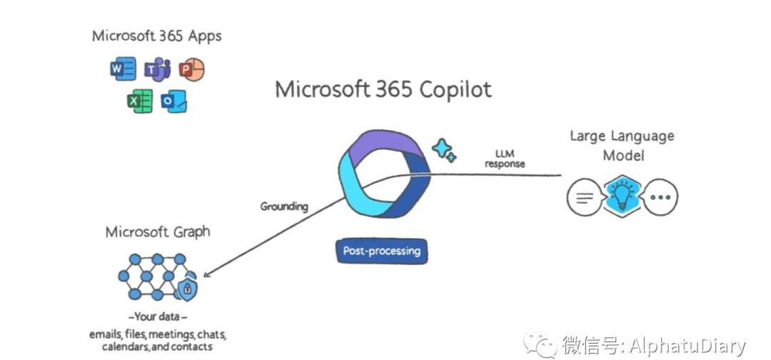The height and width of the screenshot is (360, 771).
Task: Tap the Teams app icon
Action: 157,69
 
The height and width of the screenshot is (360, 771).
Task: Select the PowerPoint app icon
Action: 191,69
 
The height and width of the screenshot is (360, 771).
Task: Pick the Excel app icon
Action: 140,101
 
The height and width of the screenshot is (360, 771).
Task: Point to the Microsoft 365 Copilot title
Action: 383,90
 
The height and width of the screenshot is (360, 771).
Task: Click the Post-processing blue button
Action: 382,251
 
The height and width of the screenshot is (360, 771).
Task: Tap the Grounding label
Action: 284,206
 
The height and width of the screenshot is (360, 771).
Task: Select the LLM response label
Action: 505,159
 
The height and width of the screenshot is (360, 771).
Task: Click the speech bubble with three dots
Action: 660,197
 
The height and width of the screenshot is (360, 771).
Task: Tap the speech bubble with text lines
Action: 583,197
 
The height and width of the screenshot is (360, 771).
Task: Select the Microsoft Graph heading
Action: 158,232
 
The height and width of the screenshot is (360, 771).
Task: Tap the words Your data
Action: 158,316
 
